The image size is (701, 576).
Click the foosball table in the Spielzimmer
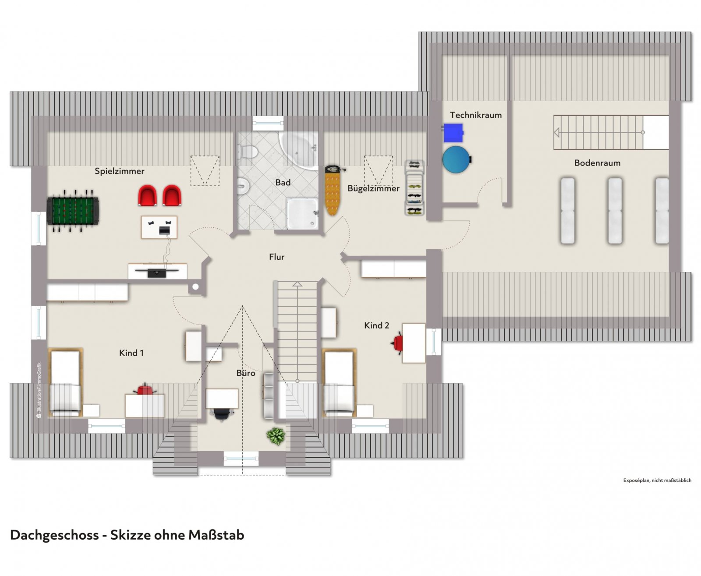click(73, 211)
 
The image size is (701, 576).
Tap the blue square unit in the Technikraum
click(453, 133)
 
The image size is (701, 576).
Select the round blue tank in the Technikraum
click(457, 159)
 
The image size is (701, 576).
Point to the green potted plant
click(276, 436)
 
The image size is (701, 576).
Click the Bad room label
click(283, 183)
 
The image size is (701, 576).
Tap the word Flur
click(276, 257)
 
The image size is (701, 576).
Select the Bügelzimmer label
click(373, 188)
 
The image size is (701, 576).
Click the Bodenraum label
click(597, 163)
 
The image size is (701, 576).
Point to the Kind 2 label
click(377, 325)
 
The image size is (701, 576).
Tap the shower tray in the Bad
click(302, 213)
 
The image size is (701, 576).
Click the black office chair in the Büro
click(222, 414)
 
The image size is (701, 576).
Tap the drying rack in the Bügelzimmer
click(414, 188)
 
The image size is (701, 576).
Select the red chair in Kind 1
click(145, 389)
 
